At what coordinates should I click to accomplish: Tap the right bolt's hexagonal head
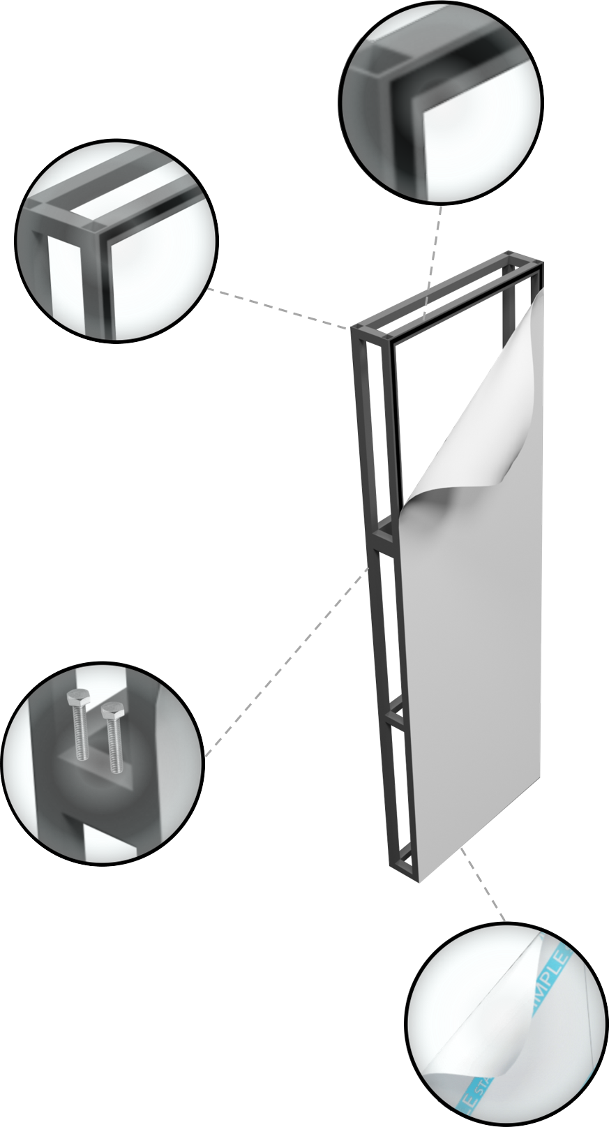110,711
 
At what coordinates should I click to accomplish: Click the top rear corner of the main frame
513,255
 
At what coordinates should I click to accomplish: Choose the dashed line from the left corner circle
279,308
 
